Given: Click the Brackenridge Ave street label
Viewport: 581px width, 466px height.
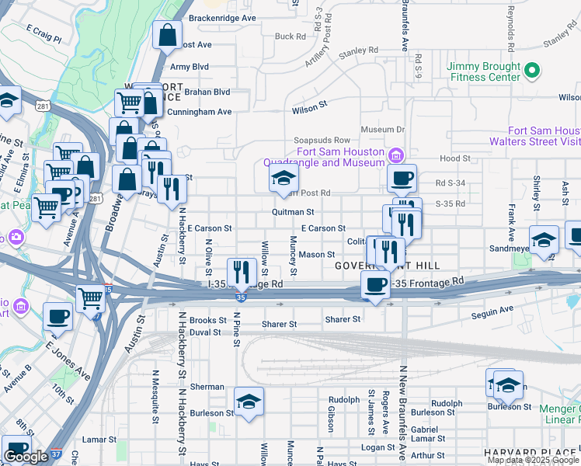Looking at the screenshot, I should (x=222, y=17).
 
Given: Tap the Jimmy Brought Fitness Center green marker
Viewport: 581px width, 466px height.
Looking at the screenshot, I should (x=532, y=72).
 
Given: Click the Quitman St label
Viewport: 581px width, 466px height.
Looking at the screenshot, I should (x=293, y=211).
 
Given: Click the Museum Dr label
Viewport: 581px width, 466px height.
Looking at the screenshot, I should (x=383, y=130).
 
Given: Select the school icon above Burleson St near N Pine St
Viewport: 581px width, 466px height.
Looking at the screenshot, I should (x=249, y=402).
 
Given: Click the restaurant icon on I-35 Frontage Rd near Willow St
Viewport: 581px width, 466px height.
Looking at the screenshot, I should (x=242, y=271).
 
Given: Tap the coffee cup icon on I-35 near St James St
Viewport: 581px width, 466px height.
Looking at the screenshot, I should (x=375, y=285).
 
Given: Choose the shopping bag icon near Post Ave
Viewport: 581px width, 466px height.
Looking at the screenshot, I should (x=167, y=35).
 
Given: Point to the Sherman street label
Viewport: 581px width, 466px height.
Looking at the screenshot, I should (x=207, y=387).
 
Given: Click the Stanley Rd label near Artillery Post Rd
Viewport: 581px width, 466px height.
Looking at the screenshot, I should (x=357, y=51).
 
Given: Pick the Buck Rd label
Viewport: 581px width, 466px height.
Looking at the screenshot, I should (x=290, y=37).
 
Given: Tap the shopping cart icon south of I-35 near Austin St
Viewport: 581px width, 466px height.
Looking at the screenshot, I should (x=92, y=298).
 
